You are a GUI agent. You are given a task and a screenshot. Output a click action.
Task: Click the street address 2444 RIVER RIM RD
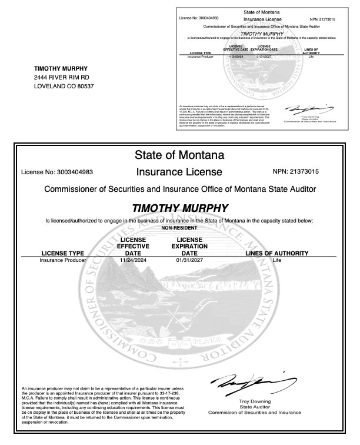(x=62, y=77)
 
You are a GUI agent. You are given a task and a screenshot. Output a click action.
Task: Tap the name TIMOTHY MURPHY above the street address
(x=61, y=68)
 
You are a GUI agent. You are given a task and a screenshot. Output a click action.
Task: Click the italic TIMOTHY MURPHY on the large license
(x=179, y=208)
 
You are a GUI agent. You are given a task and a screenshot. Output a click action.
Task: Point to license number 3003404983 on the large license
(x=56, y=172)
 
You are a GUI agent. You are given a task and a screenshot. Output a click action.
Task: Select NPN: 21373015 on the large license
(x=304, y=172)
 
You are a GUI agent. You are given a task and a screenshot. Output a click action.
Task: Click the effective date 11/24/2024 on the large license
(x=132, y=260)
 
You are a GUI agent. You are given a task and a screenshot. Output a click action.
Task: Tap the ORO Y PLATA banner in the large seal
(x=179, y=342)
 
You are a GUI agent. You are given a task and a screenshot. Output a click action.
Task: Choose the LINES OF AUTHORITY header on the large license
(x=276, y=253)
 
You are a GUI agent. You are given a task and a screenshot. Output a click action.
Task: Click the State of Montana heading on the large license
(x=179, y=155)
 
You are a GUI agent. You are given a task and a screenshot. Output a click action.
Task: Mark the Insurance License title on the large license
(x=179, y=172)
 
